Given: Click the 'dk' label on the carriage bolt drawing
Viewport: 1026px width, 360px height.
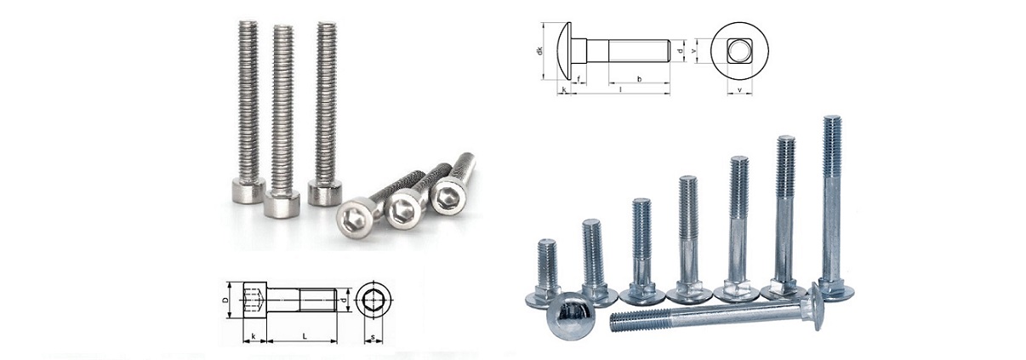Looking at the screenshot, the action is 540,51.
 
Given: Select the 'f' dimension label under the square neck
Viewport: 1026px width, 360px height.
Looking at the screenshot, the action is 579,79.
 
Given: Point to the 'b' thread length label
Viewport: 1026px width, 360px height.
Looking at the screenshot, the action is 640,79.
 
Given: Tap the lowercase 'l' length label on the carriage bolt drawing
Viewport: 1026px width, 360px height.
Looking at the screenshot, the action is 621,89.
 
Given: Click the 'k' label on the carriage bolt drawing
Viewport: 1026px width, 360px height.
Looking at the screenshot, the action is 564,89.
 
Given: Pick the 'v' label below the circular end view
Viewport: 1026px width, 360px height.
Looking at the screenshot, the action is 740,89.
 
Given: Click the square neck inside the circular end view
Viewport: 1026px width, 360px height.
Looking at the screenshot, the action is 740,51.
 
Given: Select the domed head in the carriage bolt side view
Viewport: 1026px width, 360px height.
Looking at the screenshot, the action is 565,51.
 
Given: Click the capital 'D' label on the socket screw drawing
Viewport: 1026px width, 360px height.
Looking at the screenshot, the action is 225,300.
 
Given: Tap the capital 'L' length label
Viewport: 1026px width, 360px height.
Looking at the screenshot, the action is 305,337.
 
